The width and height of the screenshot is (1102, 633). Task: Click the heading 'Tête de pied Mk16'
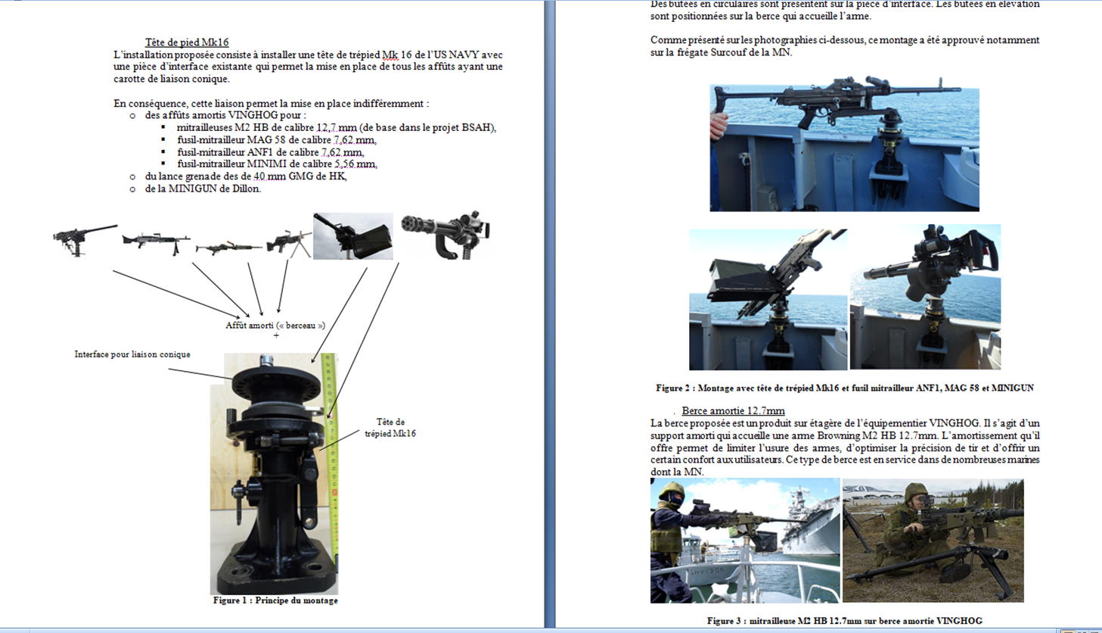[x=187, y=42]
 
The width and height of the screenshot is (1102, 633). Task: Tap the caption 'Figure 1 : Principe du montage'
[x=275, y=600]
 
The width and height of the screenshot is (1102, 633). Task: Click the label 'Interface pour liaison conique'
[x=132, y=354]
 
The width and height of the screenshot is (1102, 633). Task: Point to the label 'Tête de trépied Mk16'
[x=390, y=428]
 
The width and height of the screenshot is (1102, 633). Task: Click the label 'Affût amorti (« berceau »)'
[x=275, y=325]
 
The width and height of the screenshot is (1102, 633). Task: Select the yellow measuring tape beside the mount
[x=331, y=458]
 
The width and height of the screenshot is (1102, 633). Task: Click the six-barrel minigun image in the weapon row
[x=446, y=235]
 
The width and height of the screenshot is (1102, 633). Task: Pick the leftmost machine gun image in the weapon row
[x=84, y=240]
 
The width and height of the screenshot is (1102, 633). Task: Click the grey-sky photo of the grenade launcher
[x=353, y=236]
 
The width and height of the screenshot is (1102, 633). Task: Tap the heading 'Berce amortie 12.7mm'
[x=733, y=411]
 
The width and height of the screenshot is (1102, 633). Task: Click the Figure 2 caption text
[x=845, y=388]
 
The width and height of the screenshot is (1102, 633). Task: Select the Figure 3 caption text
[x=845, y=621]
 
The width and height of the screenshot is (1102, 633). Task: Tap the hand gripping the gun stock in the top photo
[x=719, y=125]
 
